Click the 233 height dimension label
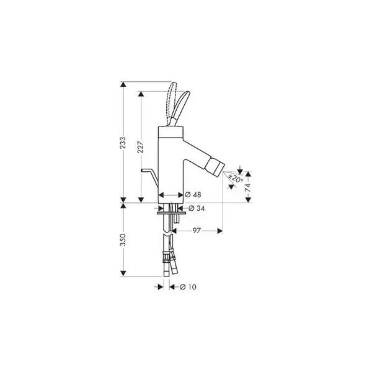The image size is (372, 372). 123,143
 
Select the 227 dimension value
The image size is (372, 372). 141,147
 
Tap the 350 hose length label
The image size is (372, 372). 123,239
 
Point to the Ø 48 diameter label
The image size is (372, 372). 193,195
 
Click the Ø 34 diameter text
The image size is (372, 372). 197,208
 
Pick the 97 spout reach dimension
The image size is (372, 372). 197,231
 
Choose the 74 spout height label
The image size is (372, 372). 247,187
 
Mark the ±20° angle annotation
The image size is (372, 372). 236,178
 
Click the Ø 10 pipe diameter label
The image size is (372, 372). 188,287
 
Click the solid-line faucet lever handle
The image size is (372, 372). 181,109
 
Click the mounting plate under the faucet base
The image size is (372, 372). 171,213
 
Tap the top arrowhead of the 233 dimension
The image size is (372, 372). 123,84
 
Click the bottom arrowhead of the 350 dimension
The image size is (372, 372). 123,273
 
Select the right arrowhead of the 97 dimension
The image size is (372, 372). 220,231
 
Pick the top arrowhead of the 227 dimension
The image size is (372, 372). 141,94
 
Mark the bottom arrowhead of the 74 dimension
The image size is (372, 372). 248,200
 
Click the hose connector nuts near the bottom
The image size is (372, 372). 169,257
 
